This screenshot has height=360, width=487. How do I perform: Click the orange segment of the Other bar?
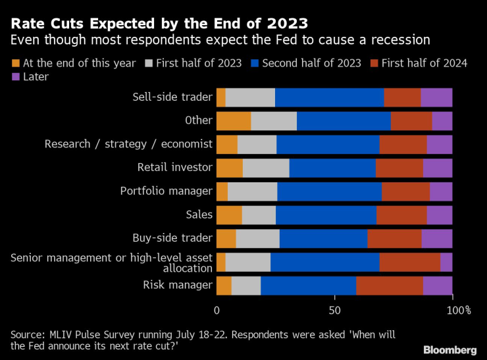click(234, 121)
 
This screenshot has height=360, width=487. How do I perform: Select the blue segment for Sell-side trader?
click(330, 97)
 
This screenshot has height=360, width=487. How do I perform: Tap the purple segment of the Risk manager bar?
click(438, 286)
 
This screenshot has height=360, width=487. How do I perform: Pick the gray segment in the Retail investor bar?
click(266, 168)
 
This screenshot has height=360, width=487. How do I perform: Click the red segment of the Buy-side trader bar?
click(394, 238)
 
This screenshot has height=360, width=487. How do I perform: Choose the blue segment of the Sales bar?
click(326, 215)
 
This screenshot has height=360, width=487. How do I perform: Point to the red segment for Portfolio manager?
click(405, 192)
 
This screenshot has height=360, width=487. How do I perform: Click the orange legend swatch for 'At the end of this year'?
click(16, 63)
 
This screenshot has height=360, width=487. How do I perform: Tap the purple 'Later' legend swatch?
click(16, 77)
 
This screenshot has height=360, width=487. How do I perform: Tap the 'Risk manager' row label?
click(178, 285)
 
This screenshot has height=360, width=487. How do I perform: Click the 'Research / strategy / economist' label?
click(128, 144)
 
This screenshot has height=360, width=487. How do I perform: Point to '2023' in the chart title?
click(284, 24)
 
